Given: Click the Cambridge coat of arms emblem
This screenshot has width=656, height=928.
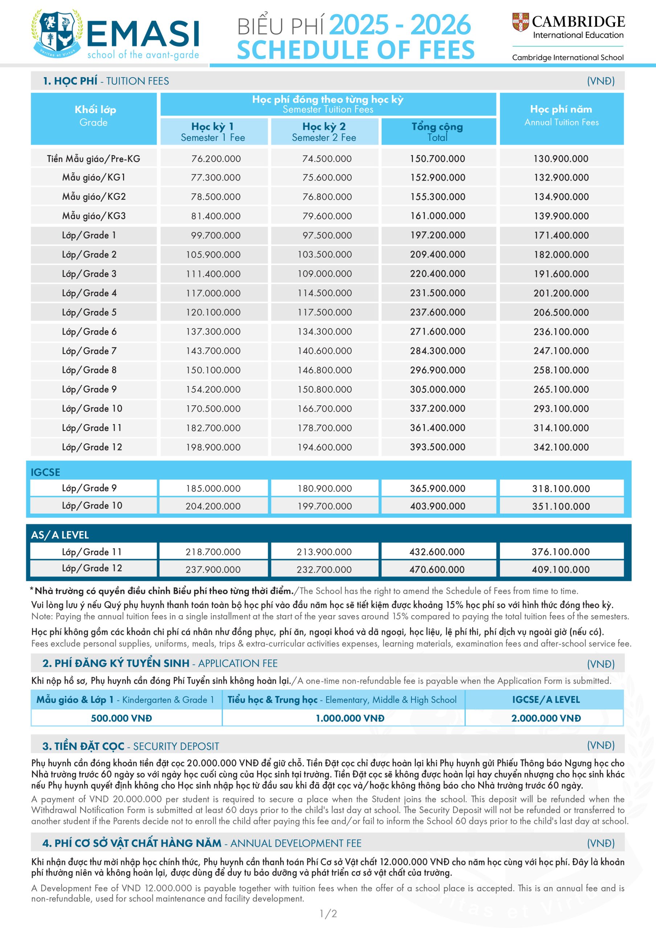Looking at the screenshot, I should (521, 22).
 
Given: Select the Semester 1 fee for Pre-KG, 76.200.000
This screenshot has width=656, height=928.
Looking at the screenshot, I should (216, 159).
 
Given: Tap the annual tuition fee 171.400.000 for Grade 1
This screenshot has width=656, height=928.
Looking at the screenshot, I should (561, 235).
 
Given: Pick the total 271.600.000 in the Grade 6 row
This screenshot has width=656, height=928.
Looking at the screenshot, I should (437, 332).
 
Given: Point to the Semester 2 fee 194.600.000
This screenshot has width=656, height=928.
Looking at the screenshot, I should (324, 447).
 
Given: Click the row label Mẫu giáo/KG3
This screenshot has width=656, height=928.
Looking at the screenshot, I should (94, 216).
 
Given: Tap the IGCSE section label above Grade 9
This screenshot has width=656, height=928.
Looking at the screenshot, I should (45, 472).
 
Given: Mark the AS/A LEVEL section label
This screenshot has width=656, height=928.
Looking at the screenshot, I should (60, 535).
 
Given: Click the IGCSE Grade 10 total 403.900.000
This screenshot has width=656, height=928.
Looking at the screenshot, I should (437, 506).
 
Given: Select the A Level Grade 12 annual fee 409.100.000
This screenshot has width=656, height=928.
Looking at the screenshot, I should (561, 569).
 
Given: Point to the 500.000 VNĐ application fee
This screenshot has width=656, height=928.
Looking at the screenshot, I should (121, 718).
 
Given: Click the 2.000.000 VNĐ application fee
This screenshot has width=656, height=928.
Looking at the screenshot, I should (546, 718).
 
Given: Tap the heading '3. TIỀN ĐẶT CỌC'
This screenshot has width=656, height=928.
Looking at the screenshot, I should (83, 746).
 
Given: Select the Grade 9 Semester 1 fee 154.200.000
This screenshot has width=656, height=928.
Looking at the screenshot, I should (213, 390).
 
